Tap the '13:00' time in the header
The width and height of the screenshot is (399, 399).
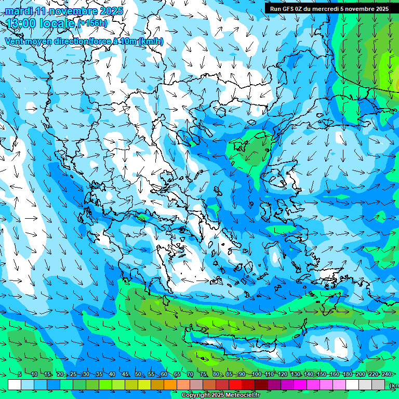click(x=20, y=23)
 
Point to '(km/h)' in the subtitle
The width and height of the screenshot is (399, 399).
click(x=151, y=41)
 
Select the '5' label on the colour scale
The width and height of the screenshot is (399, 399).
click(x=20, y=374)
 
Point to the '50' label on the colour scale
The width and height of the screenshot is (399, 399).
click(x=138, y=374)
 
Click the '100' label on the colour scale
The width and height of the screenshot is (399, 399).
click(x=256, y=374)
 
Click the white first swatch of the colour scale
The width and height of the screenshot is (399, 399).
click(x=15, y=384)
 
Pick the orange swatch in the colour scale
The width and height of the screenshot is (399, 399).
click(x=170, y=384)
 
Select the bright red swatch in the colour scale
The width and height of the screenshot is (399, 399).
click(x=235, y=384)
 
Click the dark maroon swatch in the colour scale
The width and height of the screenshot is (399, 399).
click(x=261, y=384)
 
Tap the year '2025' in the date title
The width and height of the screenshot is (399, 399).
click(x=111, y=10)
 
